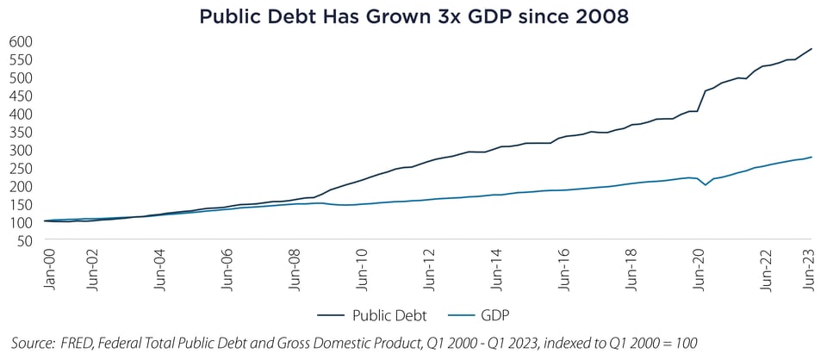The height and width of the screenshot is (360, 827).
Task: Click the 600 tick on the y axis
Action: click(21, 41)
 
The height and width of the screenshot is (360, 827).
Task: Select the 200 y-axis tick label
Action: click(21, 186)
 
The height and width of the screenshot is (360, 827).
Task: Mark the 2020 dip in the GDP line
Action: click(706, 184)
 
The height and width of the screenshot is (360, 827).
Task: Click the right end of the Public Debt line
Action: click(811, 49)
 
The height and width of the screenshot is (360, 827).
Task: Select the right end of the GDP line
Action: click(811, 157)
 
